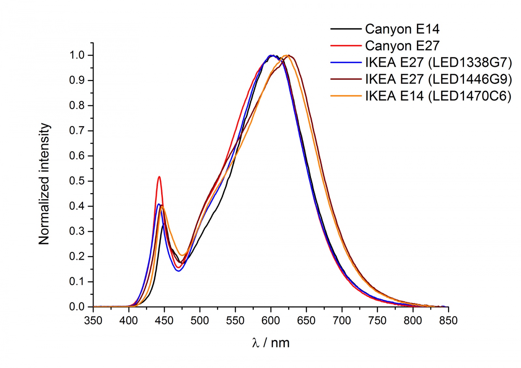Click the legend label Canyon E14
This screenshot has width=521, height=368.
tap(402, 29)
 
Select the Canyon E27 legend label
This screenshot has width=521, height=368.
tap(402, 46)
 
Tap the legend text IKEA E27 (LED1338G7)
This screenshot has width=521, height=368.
tap(438, 63)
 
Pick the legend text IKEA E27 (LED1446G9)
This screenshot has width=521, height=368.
tap(438, 79)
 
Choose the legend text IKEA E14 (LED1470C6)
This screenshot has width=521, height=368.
tap(438, 96)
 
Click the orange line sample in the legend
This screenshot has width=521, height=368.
tap(346, 96)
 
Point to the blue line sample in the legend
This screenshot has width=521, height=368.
tap(346, 63)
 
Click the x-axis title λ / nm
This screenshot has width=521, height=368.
tap(271, 343)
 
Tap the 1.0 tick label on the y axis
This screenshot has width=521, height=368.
tap(77, 55)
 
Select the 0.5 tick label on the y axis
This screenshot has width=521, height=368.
tap(77, 181)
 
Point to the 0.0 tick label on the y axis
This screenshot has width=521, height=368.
tap(77, 307)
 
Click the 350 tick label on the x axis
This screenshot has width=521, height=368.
tap(93, 321)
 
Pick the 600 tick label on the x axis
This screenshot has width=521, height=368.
tap(271, 321)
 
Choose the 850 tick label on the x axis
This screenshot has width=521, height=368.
tap(448, 321)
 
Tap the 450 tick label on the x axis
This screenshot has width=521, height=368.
tap(164, 321)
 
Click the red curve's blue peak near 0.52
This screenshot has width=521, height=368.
tap(159, 177)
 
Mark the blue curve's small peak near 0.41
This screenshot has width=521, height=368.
tap(159, 204)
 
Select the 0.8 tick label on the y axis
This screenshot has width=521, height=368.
tap(77, 106)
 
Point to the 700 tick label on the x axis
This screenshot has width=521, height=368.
tap(342, 321)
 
